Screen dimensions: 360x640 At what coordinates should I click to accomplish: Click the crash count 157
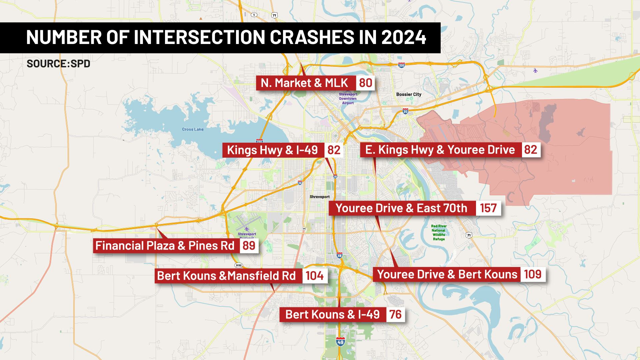[x=488, y=208]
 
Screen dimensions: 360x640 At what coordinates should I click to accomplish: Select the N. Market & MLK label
[x=305, y=83]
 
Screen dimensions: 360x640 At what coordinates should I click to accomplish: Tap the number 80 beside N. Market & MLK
[x=366, y=83]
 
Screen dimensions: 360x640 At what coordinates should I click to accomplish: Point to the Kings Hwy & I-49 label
[x=272, y=150]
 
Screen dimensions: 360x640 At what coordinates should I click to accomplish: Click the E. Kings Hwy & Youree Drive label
[x=440, y=150]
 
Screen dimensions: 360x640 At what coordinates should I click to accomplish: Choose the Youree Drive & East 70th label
[x=402, y=208]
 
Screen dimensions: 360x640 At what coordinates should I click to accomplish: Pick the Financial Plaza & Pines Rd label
[x=165, y=246]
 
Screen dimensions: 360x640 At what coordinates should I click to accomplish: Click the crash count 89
[x=249, y=246]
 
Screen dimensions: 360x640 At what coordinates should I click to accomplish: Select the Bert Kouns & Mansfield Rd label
[x=227, y=276]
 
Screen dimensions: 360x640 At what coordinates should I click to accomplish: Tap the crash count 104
[x=315, y=276]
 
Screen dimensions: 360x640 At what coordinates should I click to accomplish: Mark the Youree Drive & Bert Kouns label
[x=447, y=274]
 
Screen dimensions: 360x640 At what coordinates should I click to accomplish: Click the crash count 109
[x=533, y=274]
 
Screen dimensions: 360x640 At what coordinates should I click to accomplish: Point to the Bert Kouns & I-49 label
[x=333, y=314]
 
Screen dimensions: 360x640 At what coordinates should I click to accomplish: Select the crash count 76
[x=395, y=314]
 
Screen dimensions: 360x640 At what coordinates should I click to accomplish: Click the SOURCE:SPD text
[x=58, y=64]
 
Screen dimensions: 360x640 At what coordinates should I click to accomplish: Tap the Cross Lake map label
[x=193, y=129]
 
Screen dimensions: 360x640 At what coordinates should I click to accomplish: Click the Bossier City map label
[x=409, y=94]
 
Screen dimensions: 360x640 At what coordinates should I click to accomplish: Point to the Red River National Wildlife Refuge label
[x=439, y=233]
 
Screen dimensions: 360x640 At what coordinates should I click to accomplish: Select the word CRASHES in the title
[x=311, y=37]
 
